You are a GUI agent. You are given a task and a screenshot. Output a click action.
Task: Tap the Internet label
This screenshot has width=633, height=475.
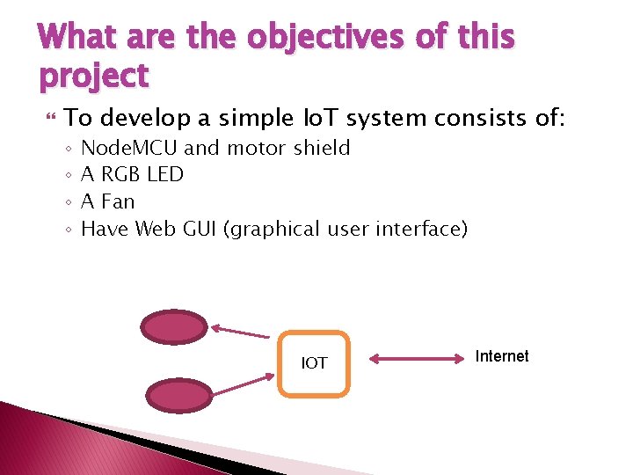501,356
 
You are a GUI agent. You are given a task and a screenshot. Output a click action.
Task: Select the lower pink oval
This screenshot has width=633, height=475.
178,395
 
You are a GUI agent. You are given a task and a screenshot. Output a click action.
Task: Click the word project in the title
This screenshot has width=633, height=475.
93,77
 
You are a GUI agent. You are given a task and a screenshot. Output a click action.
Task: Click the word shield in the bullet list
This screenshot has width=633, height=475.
322,148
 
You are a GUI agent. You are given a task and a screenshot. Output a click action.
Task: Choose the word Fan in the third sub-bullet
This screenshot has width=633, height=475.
118,202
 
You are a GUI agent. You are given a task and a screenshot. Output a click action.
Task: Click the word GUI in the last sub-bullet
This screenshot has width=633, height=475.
199,230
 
